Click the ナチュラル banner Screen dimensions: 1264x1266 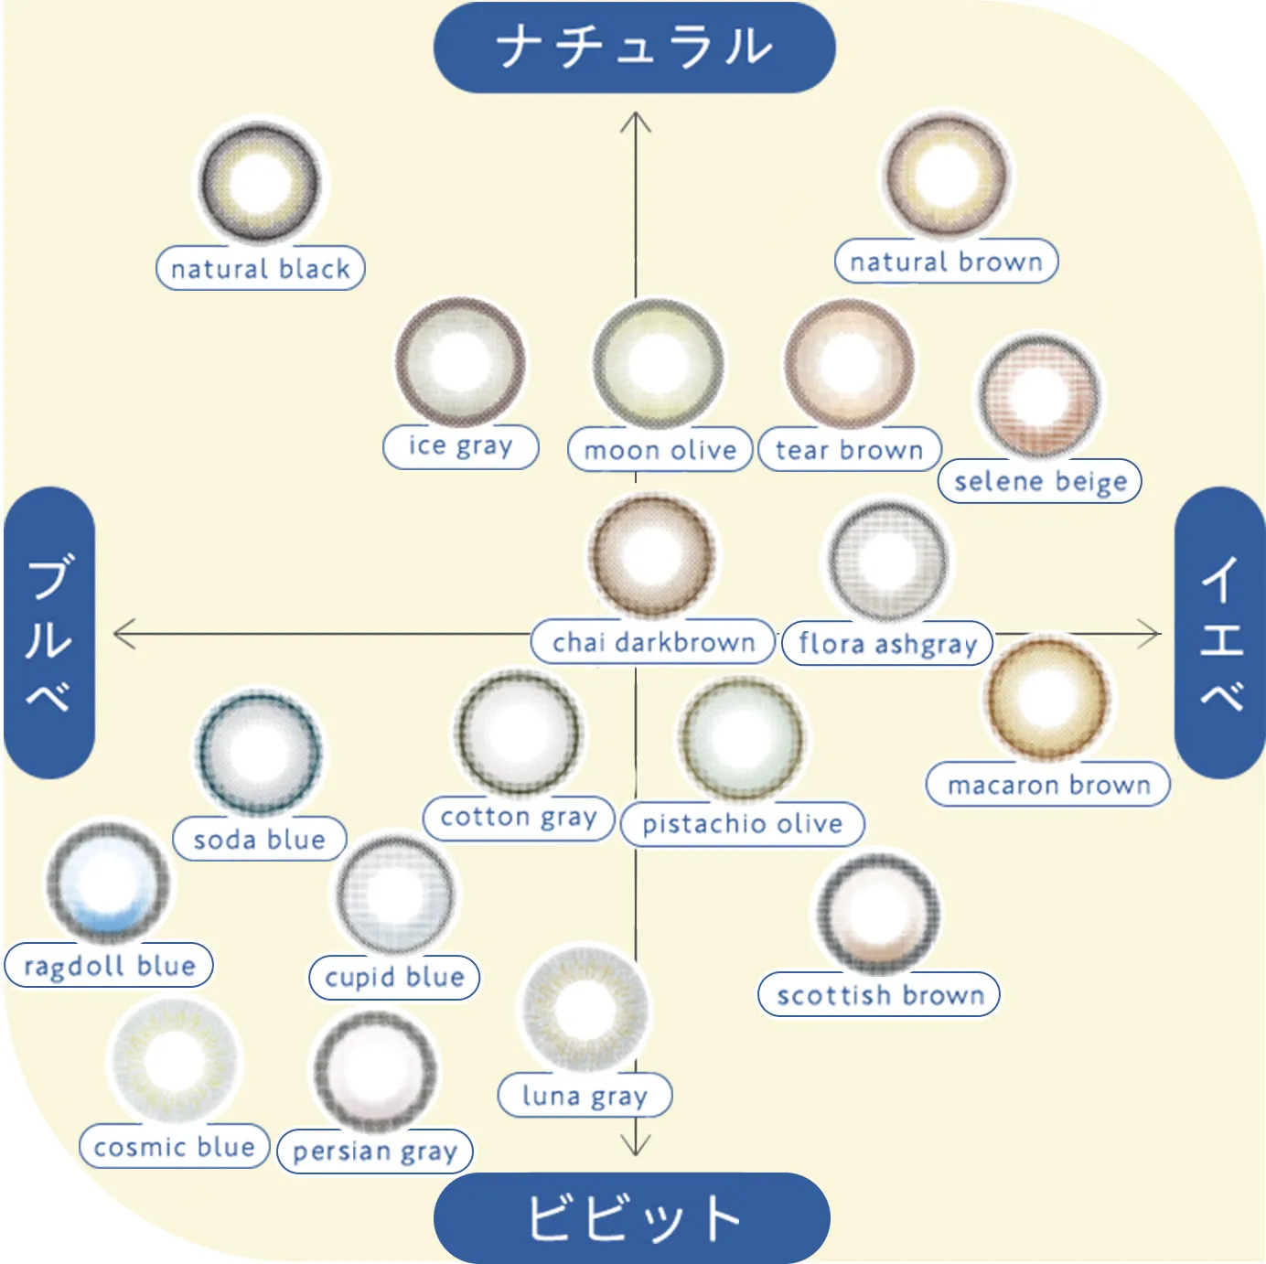point(634,48)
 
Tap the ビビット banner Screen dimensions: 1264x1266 point(632,1217)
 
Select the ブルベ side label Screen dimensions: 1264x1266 point(49,632)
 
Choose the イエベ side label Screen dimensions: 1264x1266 point(1220,632)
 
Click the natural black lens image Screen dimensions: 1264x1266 point(261,182)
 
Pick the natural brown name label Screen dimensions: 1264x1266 point(946,262)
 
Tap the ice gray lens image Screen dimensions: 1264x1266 point(460,362)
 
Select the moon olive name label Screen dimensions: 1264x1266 point(660,450)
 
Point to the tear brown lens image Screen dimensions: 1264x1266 point(849,364)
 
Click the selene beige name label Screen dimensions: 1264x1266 point(1040,481)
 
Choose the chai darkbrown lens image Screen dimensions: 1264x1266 point(651,555)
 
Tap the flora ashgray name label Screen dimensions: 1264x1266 point(887,643)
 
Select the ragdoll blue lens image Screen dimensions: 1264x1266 point(108,883)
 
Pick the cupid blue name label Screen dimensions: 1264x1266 point(394,977)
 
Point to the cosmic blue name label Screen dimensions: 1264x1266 point(174,1147)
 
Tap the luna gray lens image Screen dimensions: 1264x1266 point(584,1010)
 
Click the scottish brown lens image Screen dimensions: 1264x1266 point(878,913)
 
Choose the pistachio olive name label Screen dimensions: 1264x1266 point(742,824)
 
